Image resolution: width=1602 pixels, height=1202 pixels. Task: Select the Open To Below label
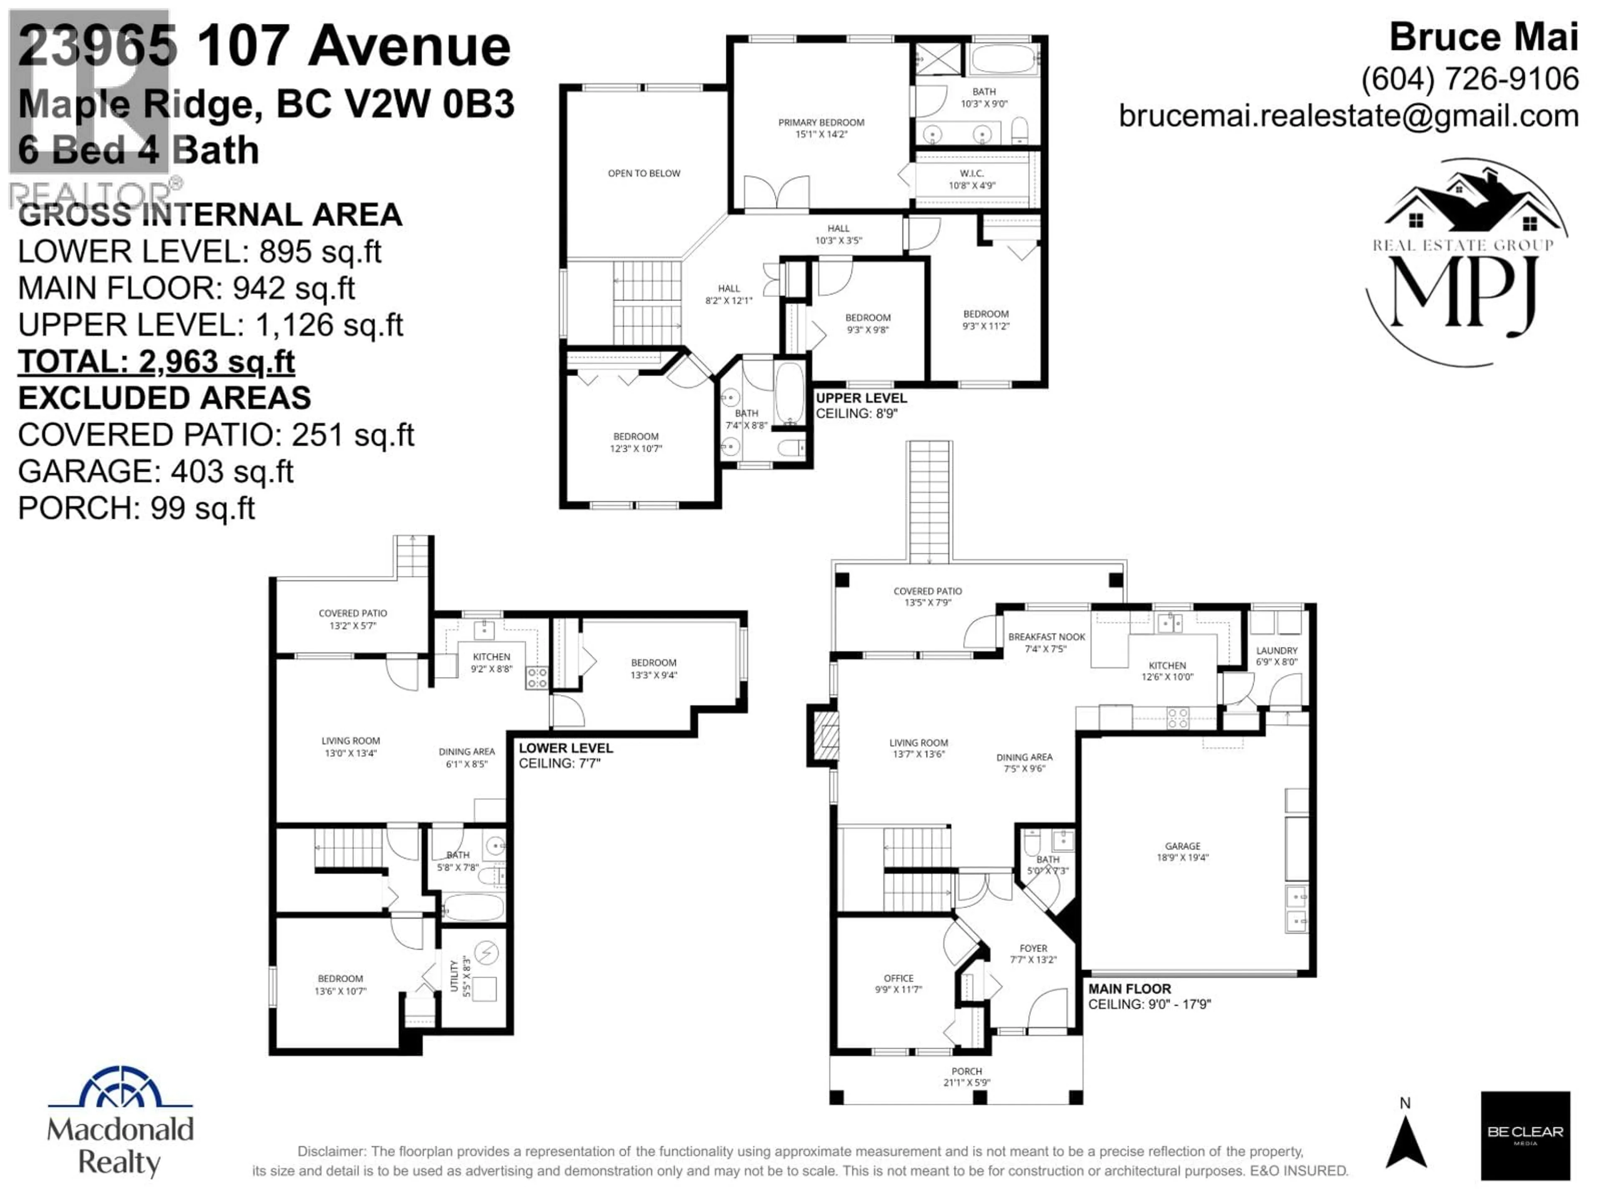[644, 173]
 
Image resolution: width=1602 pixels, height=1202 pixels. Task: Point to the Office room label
[898, 983]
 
